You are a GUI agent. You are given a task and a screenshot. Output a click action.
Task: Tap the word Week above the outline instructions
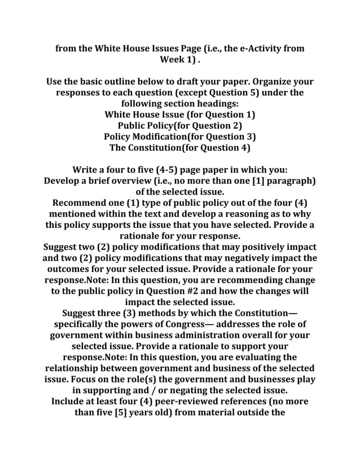pyautogui.click(x=174, y=59)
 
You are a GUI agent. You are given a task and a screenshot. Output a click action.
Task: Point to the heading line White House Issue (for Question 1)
pyautogui.click(x=179, y=115)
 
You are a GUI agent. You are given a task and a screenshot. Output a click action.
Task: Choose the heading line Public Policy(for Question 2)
pyautogui.click(x=179, y=125)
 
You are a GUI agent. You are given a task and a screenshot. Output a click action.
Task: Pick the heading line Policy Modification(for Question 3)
pyautogui.click(x=179, y=137)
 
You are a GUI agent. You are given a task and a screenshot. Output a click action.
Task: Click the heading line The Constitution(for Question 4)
pyautogui.click(x=179, y=147)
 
